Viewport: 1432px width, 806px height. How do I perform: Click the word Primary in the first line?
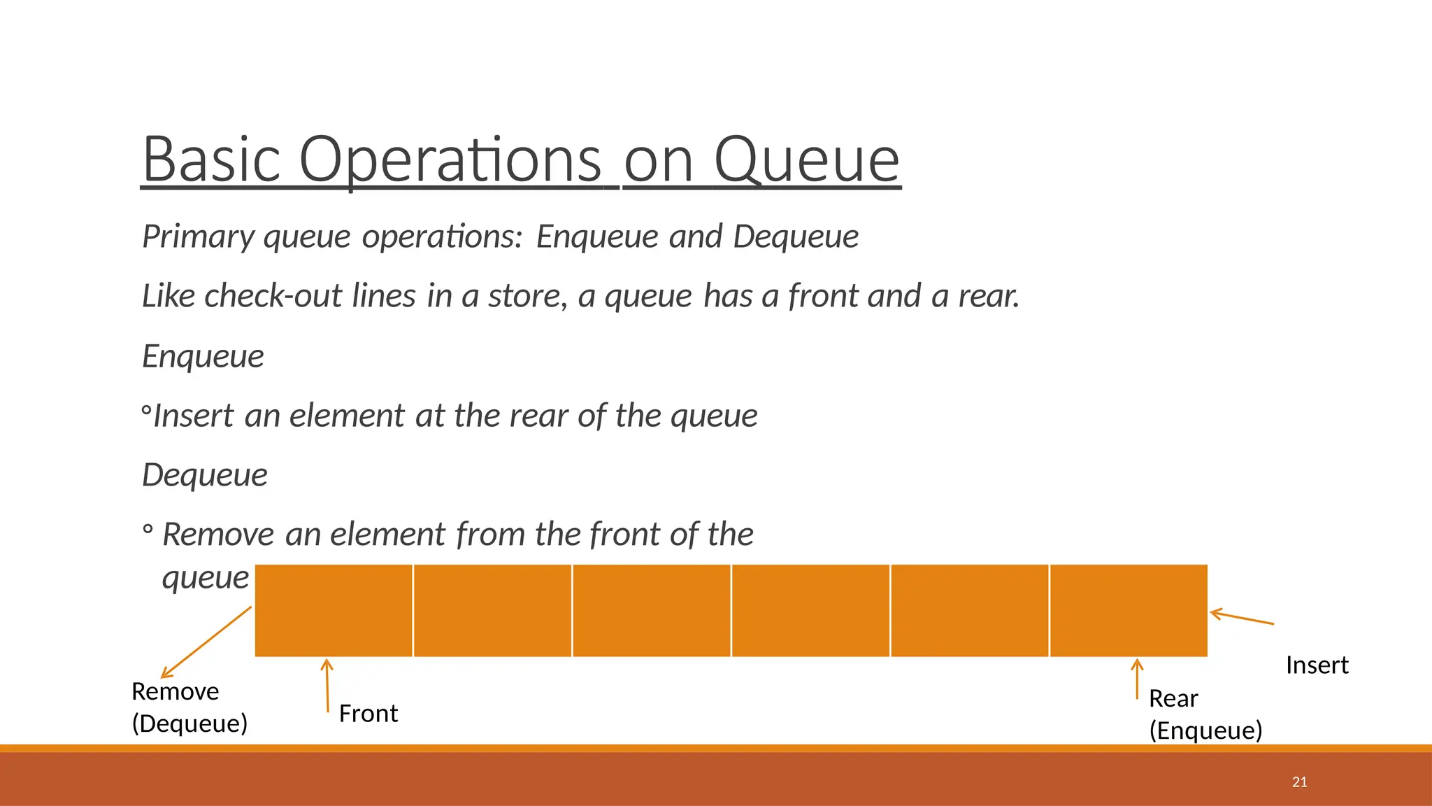[199, 236]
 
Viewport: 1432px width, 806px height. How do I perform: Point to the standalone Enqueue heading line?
[203, 356]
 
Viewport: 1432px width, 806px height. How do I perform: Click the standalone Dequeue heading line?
[205, 475]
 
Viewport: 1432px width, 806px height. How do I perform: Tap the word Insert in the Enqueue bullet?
[193, 416]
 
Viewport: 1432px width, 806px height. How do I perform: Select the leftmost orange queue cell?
[334, 611]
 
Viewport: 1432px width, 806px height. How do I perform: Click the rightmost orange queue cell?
[1129, 611]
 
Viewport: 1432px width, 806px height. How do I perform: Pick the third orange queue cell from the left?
[652, 611]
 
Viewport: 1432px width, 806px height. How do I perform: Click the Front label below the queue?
[368, 714]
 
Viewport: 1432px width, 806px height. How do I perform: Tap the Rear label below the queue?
[1173, 698]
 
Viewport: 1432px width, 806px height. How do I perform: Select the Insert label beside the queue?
[1317, 665]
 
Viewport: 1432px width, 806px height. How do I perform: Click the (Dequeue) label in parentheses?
[189, 723]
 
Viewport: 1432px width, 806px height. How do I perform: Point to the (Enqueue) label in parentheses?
[1205, 730]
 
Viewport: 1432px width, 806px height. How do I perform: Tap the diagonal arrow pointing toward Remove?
[206, 642]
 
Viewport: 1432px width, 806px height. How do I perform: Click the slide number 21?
[1299, 782]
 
